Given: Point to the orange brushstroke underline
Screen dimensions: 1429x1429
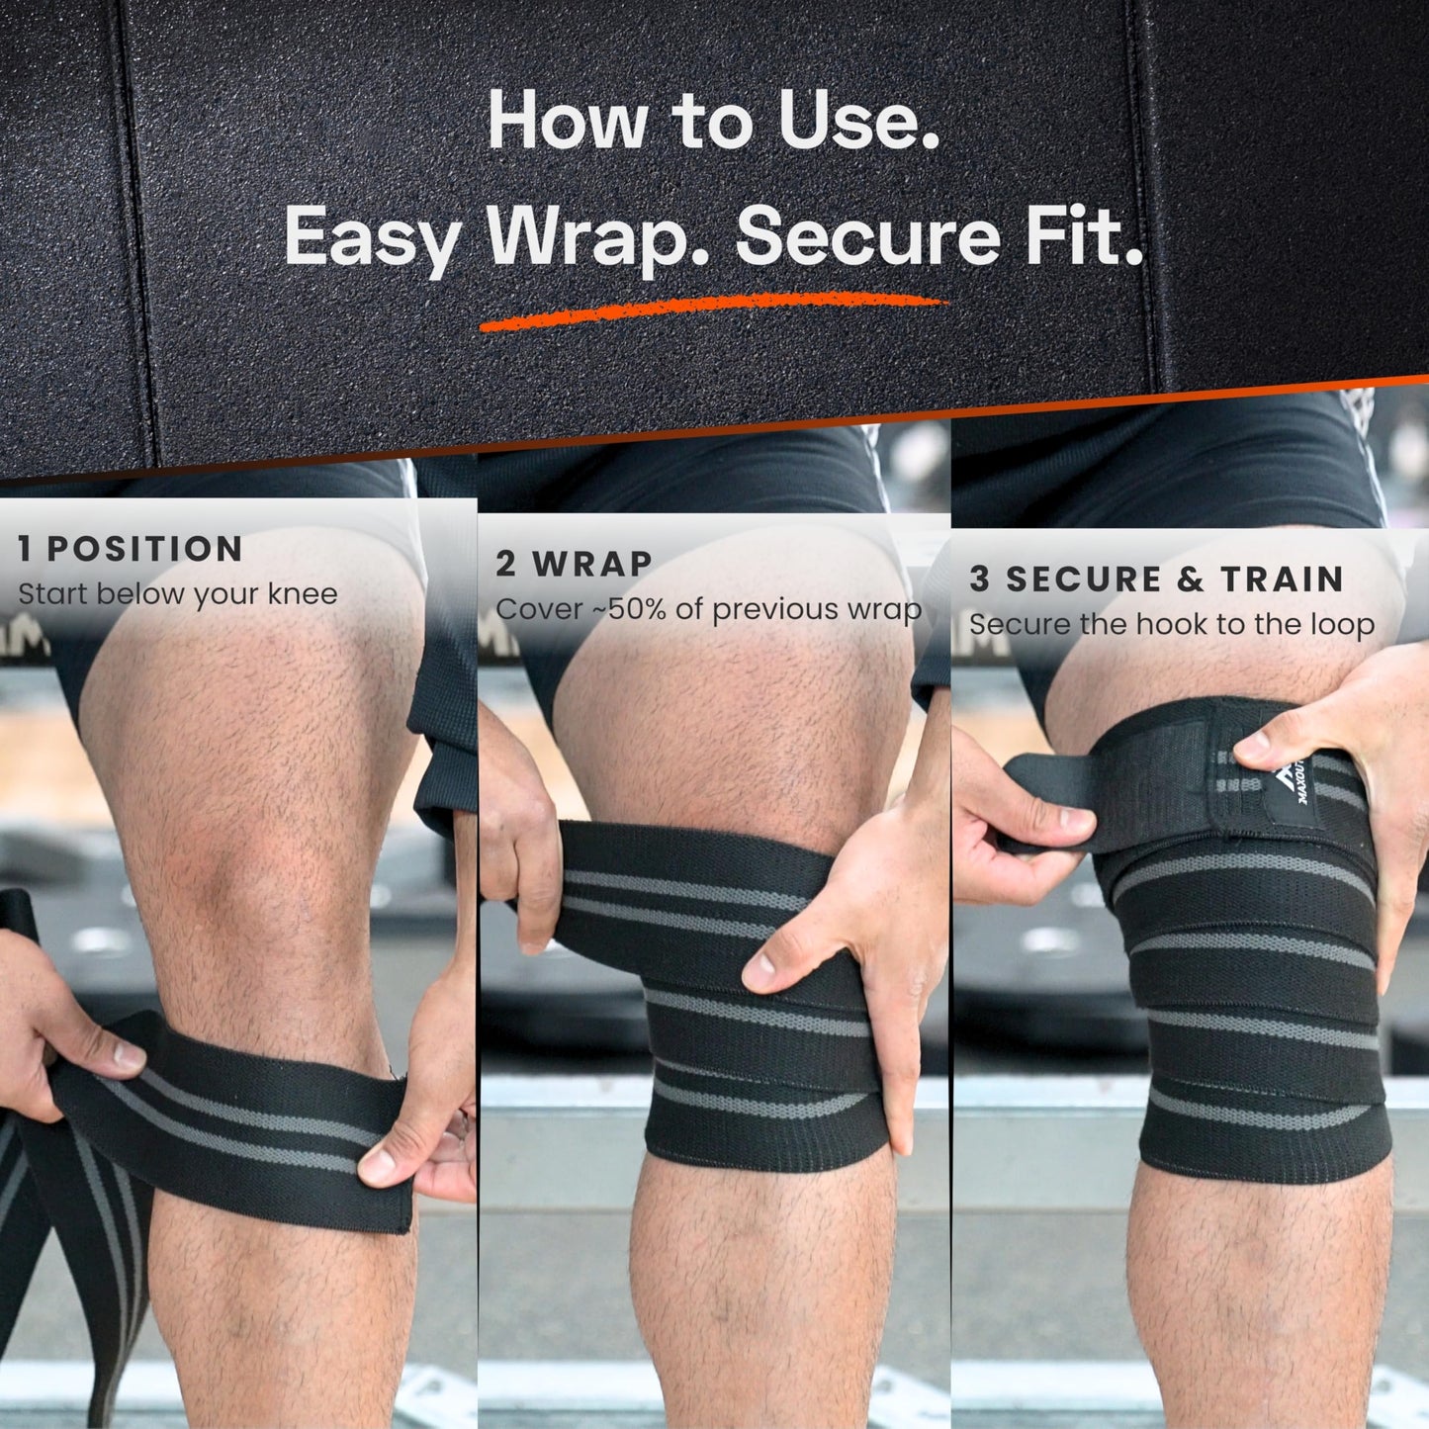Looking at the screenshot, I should tap(712, 309).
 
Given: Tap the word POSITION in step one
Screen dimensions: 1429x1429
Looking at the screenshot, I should tap(144, 550).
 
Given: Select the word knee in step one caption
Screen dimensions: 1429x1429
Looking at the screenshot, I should tap(300, 594).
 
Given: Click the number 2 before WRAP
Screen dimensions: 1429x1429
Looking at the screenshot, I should tap(505, 565).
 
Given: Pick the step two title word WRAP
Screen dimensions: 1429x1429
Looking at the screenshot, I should tap(592, 565).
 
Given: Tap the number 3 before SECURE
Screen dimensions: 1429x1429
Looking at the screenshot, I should tap(979, 580).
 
